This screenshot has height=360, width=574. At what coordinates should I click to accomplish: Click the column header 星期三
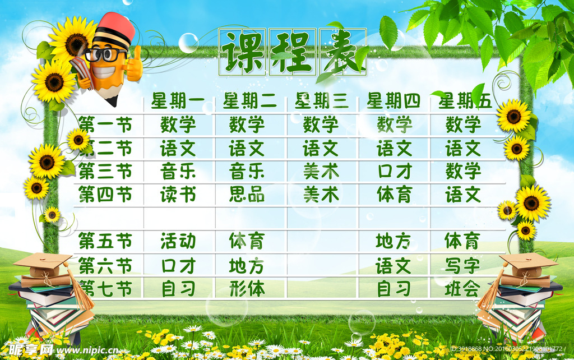pos(322,101)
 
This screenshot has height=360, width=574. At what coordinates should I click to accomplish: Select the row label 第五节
pos(105,242)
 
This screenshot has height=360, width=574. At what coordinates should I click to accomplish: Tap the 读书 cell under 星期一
pos(178,195)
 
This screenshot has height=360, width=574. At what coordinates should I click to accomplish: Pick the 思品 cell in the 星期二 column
pos(247,195)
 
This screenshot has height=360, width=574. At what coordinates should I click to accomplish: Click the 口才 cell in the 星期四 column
pos(394,172)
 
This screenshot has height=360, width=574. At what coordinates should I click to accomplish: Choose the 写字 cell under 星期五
pos(462,265)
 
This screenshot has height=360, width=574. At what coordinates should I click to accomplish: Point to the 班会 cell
pos(462,289)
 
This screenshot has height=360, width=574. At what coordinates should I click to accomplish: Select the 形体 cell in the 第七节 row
pos(247,289)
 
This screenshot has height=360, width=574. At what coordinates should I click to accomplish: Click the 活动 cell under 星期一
pos(178,242)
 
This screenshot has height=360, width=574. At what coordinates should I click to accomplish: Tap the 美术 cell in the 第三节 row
pos(321,172)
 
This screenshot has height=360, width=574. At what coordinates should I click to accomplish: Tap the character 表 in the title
pos(343,52)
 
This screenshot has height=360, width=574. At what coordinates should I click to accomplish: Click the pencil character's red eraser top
pos(117,25)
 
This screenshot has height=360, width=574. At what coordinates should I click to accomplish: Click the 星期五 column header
pos(465,101)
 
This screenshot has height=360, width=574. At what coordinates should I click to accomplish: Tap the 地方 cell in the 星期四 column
pos(393,242)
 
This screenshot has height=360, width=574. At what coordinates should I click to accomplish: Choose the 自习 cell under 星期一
pos(178,289)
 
